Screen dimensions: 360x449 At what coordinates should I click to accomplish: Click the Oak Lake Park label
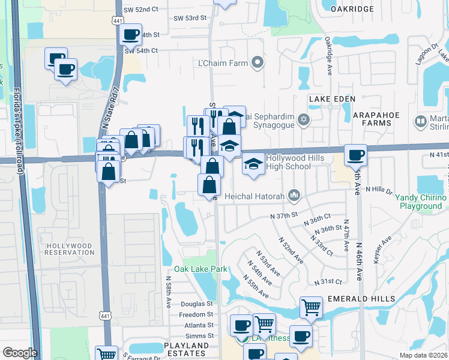pyautogui.click(x=200, y=269)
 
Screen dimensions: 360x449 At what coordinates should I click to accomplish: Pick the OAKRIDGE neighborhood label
pyautogui.click(x=348, y=8)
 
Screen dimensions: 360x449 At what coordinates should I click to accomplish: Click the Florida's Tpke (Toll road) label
pyautogui.click(x=19, y=131)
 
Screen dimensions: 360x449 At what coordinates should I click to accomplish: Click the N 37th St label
pyautogui.click(x=284, y=215)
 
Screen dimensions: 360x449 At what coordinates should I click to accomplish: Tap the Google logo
pyautogui.click(x=19, y=353)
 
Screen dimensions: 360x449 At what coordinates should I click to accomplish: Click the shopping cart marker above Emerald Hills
pyautogui.click(x=311, y=308)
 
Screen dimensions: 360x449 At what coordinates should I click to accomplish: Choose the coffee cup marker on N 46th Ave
pyautogui.click(x=355, y=155)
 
